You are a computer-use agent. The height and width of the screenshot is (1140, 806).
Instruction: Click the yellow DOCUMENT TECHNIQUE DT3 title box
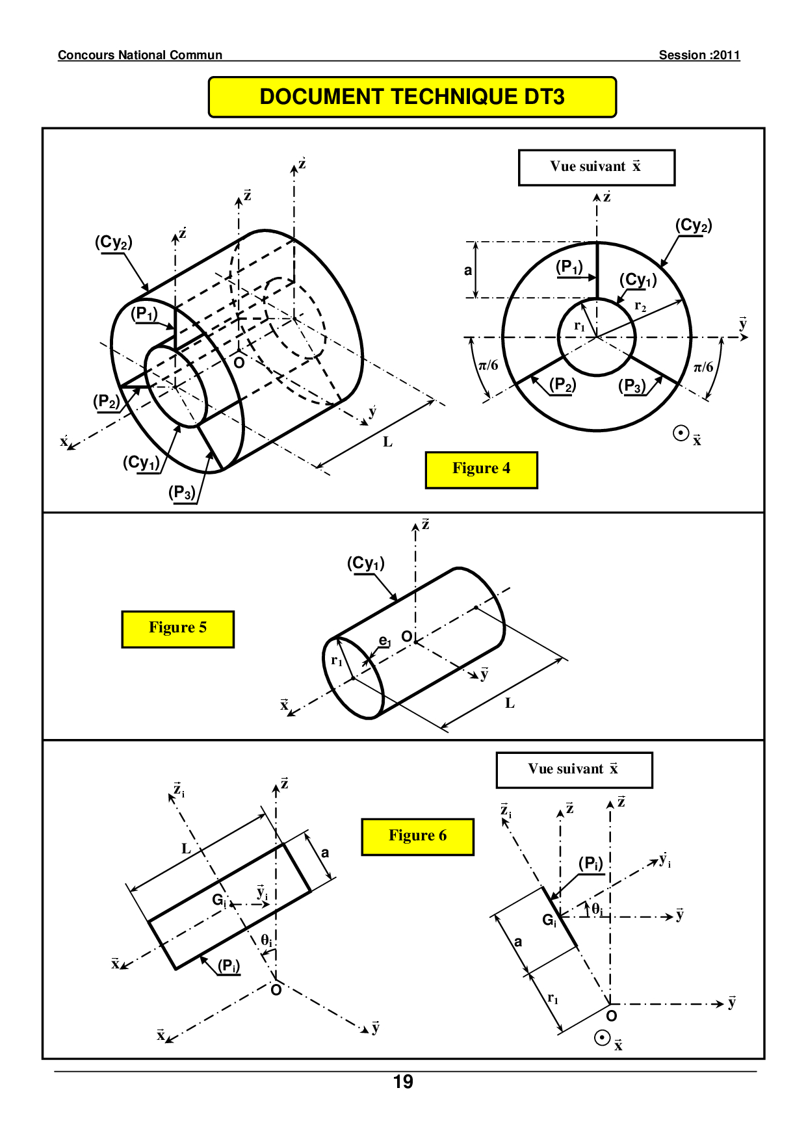click(x=412, y=97)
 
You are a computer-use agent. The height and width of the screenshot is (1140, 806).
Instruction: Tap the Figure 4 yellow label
click(x=481, y=469)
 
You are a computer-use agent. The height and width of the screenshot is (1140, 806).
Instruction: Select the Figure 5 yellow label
click(x=177, y=628)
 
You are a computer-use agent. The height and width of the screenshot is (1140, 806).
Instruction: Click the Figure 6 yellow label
click(x=417, y=836)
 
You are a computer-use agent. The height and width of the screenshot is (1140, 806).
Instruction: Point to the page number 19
click(x=403, y=1082)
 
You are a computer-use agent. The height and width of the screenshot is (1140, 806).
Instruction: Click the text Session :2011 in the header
click(x=699, y=55)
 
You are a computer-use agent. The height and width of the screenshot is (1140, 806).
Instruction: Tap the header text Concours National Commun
click(x=140, y=55)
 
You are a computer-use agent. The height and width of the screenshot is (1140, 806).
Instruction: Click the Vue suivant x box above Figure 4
click(x=596, y=167)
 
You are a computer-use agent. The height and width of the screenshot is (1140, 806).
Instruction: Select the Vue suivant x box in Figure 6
click(x=574, y=770)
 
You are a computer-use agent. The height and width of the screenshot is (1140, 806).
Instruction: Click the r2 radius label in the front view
click(x=640, y=306)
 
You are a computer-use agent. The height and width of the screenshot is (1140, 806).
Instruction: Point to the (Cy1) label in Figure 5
click(x=365, y=563)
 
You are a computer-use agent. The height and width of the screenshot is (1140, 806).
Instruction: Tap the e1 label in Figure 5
click(x=385, y=641)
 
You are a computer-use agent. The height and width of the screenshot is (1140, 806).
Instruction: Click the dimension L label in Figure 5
click(x=510, y=703)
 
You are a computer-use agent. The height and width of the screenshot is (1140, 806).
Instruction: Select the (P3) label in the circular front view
click(x=632, y=386)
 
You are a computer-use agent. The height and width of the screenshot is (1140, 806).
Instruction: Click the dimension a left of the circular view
click(x=468, y=270)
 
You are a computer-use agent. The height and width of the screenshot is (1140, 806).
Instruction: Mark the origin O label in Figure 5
click(x=406, y=636)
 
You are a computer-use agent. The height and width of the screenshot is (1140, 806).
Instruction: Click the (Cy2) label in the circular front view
click(x=694, y=226)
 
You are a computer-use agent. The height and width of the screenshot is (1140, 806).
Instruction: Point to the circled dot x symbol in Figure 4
click(x=681, y=434)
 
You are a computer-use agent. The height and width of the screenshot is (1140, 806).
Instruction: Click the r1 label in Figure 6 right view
click(x=552, y=998)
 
